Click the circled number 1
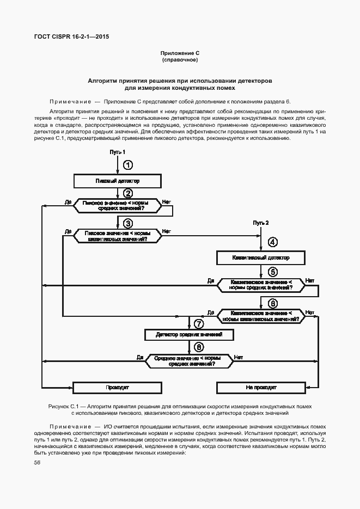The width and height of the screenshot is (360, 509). (x=127, y=164)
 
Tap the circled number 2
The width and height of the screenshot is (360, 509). (x=127, y=193)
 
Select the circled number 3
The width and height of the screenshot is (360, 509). (x=127, y=223)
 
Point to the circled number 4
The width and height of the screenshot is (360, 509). (x=273, y=243)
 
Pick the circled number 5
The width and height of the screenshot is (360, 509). (x=273, y=272)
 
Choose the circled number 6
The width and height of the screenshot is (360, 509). (x=273, y=303)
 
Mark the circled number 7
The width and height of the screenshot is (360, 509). (x=199, y=324)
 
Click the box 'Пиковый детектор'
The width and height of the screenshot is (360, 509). (x=118, y=180)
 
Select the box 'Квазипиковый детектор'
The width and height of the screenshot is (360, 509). (x=261, y=257)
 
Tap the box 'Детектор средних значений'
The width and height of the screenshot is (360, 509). (x=189, y=334)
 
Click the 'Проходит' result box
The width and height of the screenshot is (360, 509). (x=117, y=388)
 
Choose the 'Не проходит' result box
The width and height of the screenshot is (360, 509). (x=261, y=388)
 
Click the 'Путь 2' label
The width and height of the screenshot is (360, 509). (x=261, y=223)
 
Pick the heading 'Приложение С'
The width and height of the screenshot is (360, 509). (x=180, y=53)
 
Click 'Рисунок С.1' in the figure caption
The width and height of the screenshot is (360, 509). (x=65, y=407)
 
